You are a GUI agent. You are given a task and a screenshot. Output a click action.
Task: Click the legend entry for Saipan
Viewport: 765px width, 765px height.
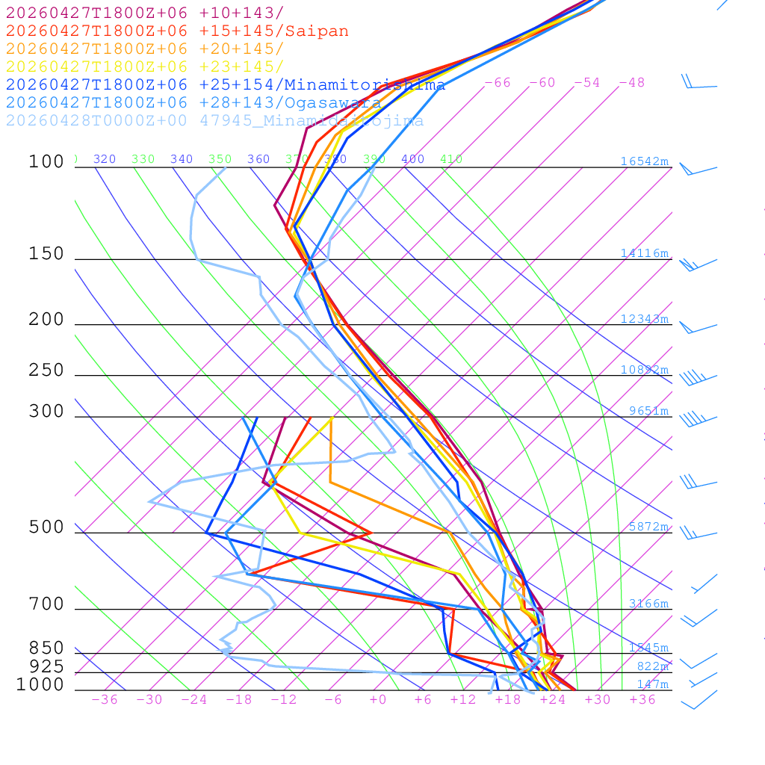pos(177,31)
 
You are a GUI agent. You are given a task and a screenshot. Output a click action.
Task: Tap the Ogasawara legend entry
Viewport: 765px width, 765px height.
pos(194,103)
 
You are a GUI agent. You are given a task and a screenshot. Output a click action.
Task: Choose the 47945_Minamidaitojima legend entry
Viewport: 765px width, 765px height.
pos(215,121)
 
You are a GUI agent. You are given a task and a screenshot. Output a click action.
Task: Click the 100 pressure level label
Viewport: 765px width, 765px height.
pos(47,162)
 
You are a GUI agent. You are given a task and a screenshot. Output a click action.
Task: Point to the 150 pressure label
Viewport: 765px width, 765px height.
pos(47,254)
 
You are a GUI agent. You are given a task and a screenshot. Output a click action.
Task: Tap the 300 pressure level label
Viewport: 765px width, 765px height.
pos(47,412)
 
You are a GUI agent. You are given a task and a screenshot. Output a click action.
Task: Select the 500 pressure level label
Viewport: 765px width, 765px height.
pos(47,527)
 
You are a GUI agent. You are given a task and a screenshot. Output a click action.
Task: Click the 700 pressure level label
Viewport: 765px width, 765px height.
pos(47,604)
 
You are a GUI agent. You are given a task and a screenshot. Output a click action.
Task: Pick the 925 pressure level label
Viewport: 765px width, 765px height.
pos(47,666)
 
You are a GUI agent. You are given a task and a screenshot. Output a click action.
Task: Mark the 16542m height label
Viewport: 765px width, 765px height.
pos(645,161)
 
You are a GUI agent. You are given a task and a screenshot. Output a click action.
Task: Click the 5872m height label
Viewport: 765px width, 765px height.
pos(648,527)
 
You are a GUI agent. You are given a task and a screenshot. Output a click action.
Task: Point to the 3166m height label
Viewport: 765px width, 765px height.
pos(648,604)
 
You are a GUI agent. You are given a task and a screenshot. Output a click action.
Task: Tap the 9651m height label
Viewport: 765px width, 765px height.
pos(648,411)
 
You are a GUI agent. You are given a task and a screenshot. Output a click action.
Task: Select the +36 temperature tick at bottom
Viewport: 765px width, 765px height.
pos(642,700)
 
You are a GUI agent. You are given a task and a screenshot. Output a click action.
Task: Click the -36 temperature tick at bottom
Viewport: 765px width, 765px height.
pos(105,700)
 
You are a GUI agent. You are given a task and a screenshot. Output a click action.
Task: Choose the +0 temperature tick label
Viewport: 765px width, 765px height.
pos(378,700)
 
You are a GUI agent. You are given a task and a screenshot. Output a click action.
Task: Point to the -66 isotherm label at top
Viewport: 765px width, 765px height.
pos(498,83)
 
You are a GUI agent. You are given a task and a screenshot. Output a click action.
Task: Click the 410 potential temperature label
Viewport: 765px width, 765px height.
pos(451,159)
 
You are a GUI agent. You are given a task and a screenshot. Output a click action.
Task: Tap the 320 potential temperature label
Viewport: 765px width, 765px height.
pos(105,159)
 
